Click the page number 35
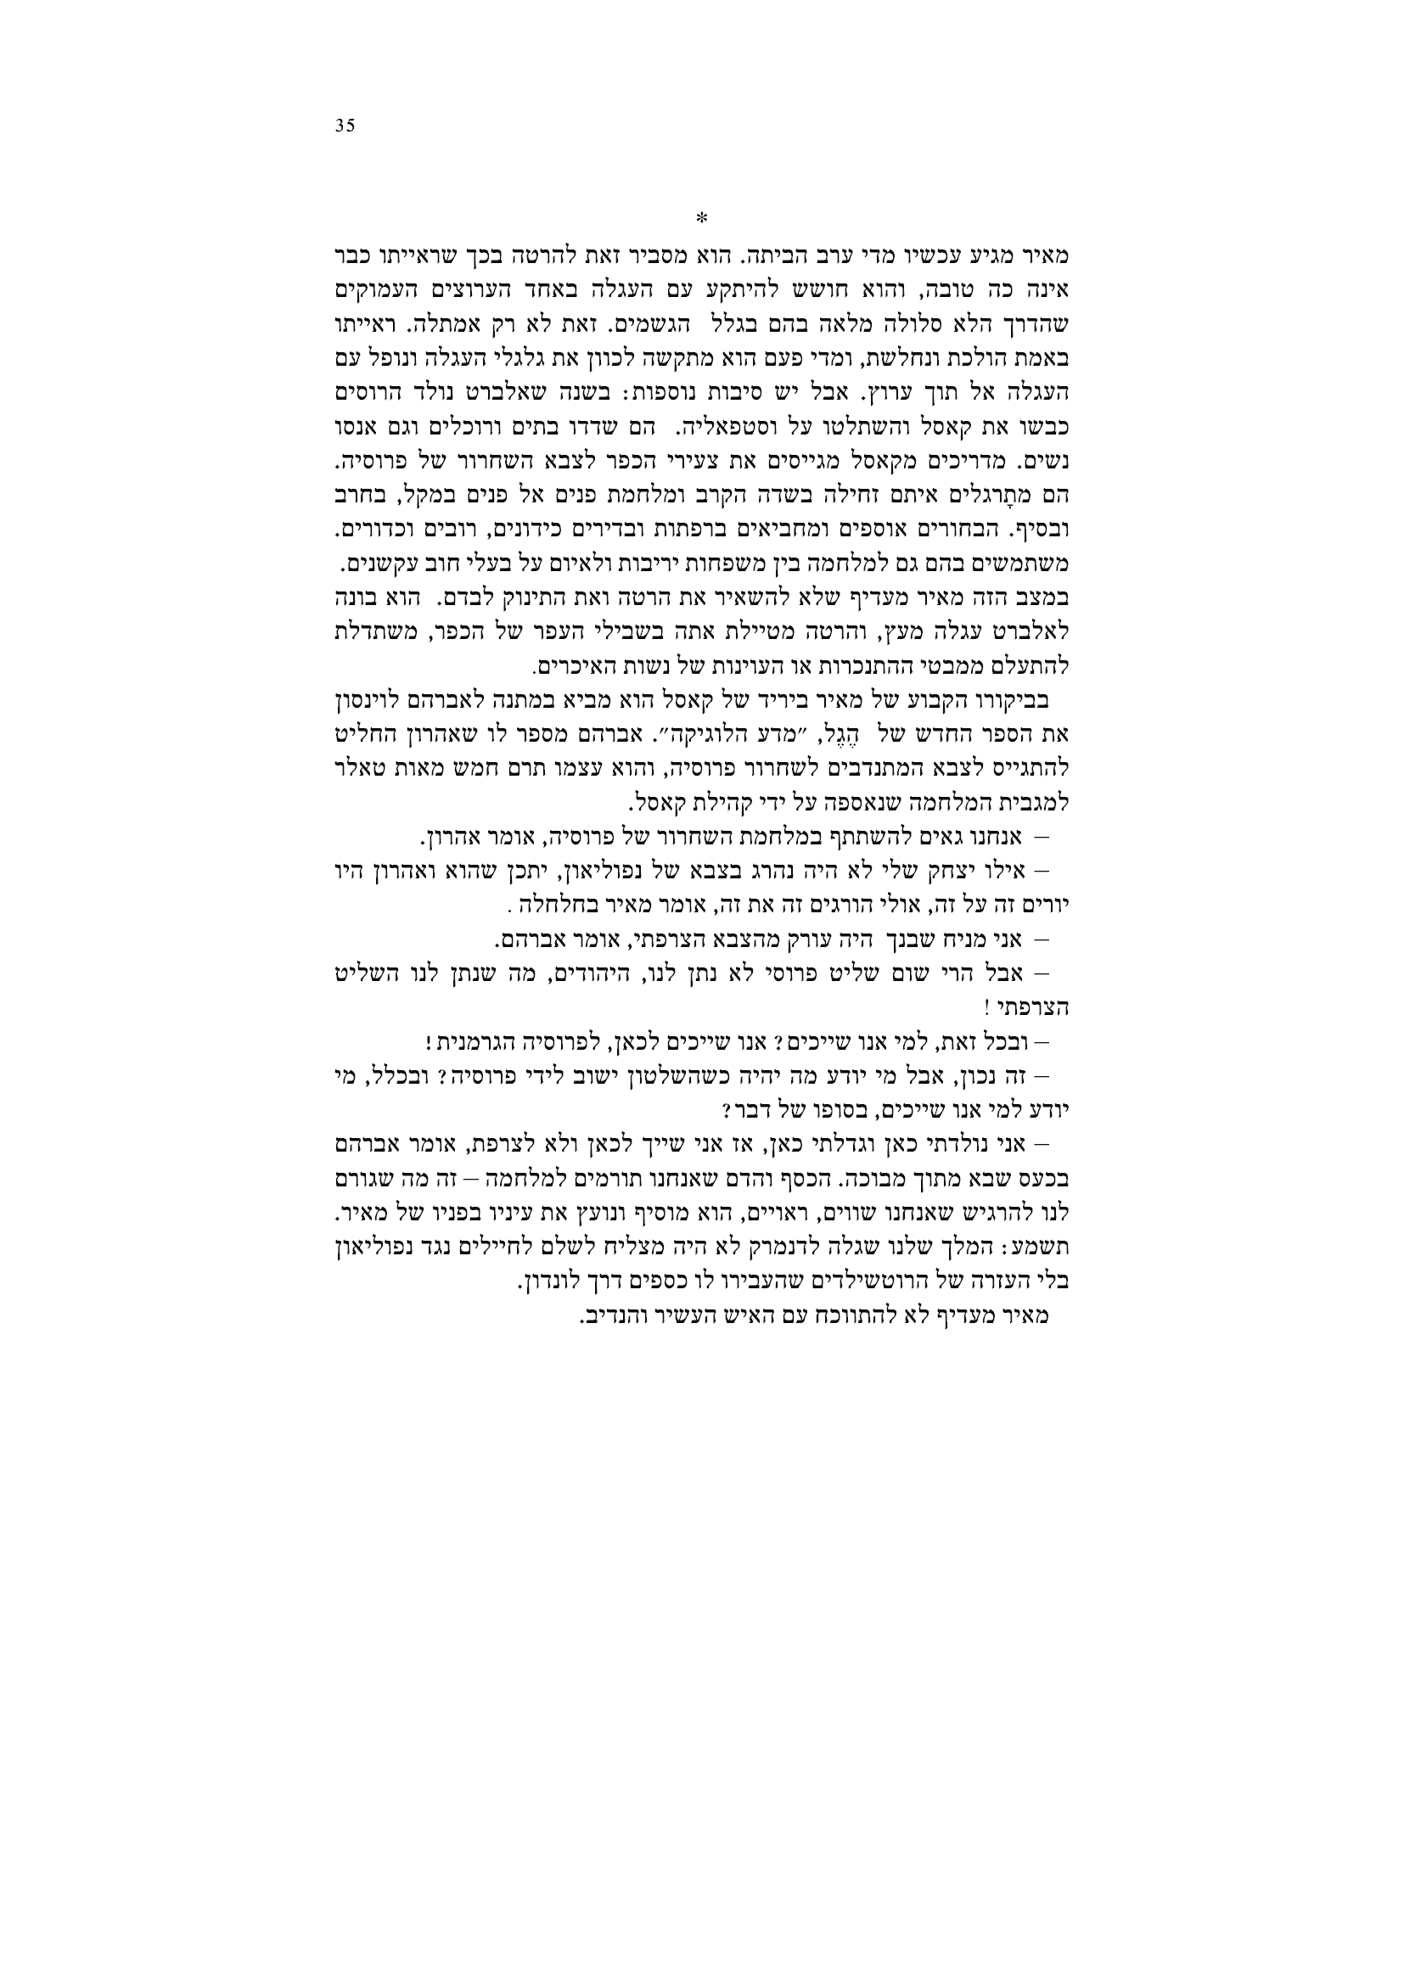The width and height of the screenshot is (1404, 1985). (344, 126)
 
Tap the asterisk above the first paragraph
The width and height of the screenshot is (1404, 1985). (702, 216)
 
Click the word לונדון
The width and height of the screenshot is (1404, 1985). (551, 1284)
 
